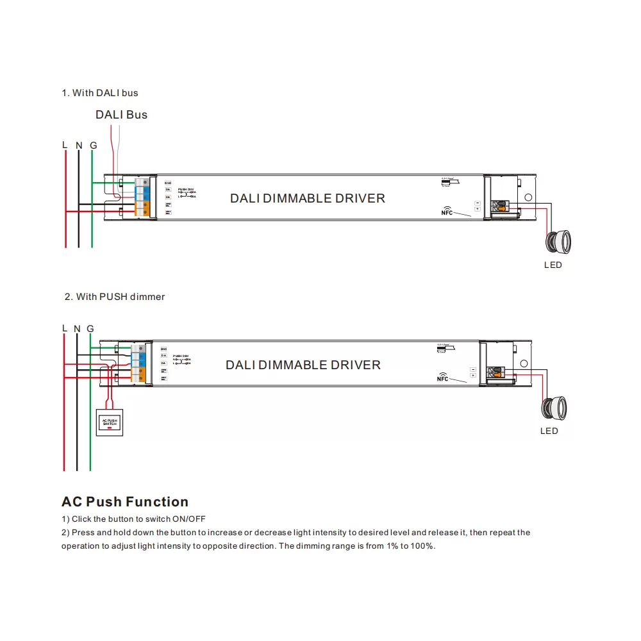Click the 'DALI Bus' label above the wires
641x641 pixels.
click(121, 115)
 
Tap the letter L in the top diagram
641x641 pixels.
click(65, 145)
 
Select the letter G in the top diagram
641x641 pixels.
click(94, 146)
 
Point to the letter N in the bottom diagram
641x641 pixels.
click(77, 329)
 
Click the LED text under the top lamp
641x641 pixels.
click(553, 265)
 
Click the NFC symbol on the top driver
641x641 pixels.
click(447, 211)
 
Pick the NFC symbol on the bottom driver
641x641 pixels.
click(443, 377)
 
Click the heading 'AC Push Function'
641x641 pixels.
click(125, 502)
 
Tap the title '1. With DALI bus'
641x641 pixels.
click(100, 93)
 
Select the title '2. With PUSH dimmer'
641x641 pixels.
click(115, 297)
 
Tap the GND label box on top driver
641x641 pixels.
click(167, 183)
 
